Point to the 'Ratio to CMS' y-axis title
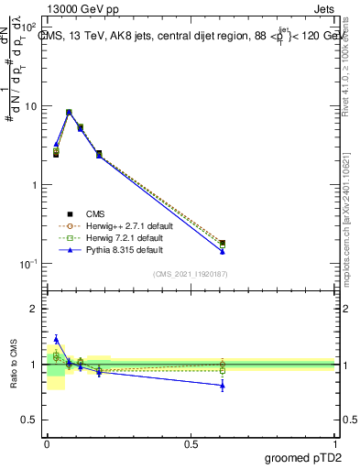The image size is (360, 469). (x=13, y=364)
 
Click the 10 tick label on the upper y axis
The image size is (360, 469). (x=29, y=106)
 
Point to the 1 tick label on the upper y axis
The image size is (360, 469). (x=33, y=185)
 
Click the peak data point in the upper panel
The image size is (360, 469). (x=69, y=113)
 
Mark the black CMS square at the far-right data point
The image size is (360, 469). (x=223, y=244)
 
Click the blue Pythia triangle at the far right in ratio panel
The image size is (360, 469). (x=223, y=386)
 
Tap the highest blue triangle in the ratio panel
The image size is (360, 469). (x=56, y=339)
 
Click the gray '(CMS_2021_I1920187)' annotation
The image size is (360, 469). (x=191, y=274)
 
